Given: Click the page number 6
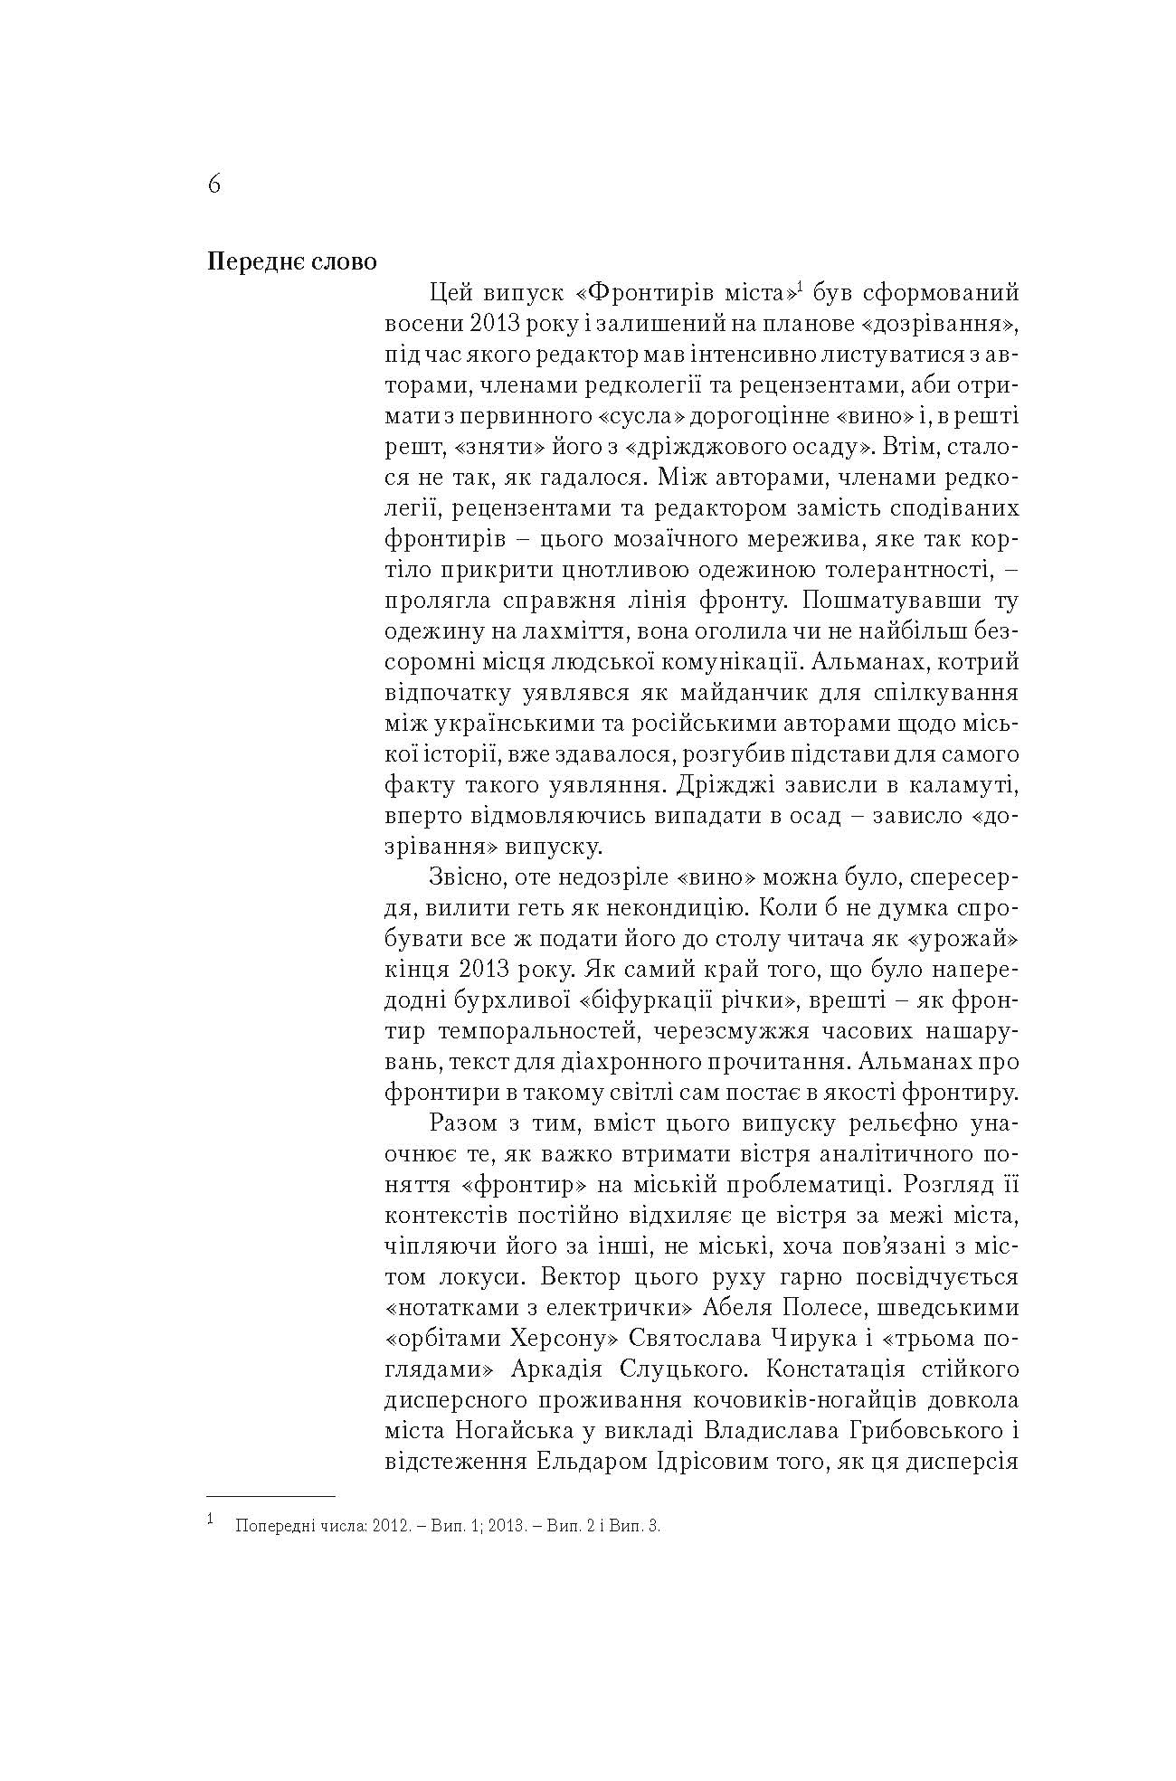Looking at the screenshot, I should pos(213,185).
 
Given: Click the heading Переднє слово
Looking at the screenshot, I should pos(291,262).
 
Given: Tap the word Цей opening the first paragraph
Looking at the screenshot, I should pos(450,293).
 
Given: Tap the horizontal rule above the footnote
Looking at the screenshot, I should pos(271,1497).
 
